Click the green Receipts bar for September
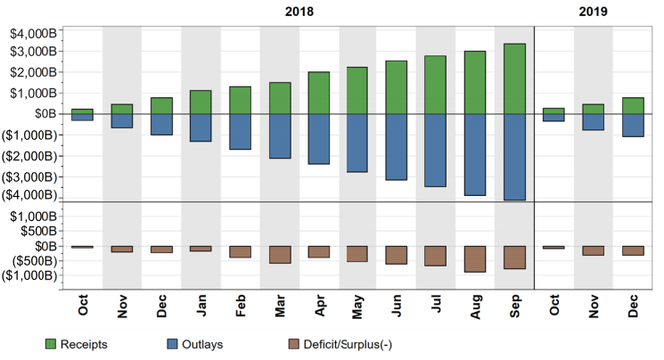[x=514, y=78]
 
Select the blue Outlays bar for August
[x=475, y=154]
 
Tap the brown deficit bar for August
[x=475, y=258]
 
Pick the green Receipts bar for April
[x=318, y=93]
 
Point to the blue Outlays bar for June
[x=397, y=147]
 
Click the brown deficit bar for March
[x=280, y=254]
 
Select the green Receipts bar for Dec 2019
[x=633, y=105]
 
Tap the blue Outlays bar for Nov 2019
[x=594, y=122]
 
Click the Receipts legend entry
[x=86, y=343]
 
